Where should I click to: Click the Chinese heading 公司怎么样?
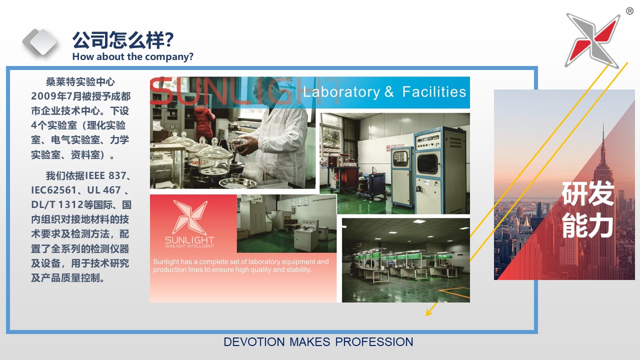tap(123, 40)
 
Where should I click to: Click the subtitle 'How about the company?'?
tap(133, 56)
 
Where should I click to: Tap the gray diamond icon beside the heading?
tap(40, 42)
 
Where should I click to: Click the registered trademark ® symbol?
tap(629, 11)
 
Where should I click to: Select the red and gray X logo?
tap(593, 40)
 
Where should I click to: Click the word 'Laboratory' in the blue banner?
tap(341, 92)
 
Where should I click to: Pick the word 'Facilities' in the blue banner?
tap(434, 91)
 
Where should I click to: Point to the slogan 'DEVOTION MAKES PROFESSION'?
tap(318, 342)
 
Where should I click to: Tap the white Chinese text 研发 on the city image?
tap(587, 193)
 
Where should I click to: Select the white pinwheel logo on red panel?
tap(189, 217)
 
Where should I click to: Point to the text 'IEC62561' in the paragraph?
tap(53, 190)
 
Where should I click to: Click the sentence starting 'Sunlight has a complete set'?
tap(241, 265)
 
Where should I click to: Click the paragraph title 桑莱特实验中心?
tap(80, 82)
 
